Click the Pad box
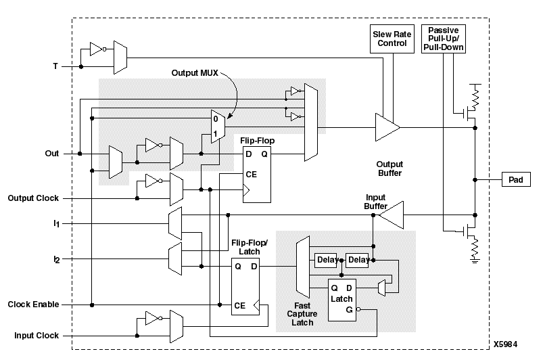point(515,180)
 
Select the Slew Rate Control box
point(392,38)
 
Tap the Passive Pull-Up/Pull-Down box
point(444,40)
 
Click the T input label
point(55,67)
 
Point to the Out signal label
point(52,154)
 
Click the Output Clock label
point(33,198)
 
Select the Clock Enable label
point(33,305)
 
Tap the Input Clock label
point(37,336)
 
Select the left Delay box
point(326,260)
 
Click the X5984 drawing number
point(506,344)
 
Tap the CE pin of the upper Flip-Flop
point(251,174)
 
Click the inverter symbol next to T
point(95,49)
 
